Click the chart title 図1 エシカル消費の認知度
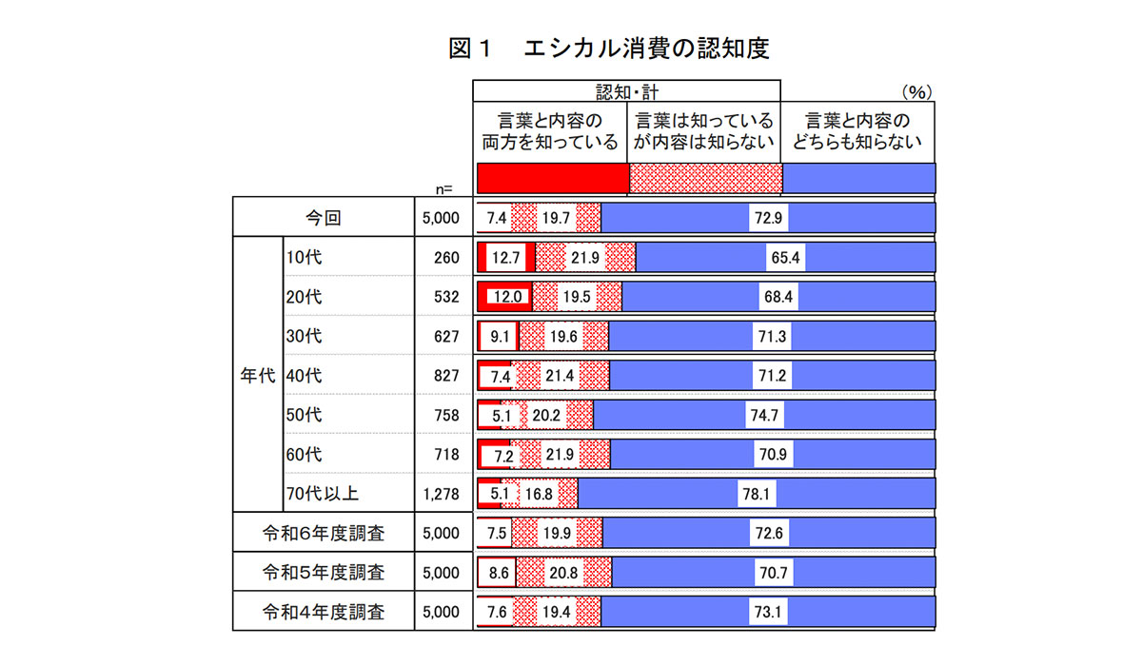tap(608, 49)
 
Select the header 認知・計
tap(627, 91)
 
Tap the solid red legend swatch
tap(552, 178)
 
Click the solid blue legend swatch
tap(858, 178)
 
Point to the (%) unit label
tap(915, 92)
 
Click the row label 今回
tap(323, 218)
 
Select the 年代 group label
tap(257, 375)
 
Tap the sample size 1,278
tap(440, 494)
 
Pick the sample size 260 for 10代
tap(446, 258)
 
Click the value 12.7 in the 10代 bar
tap(504, 258)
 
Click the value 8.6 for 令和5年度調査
tap(499, 573)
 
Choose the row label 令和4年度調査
tap(323, 612)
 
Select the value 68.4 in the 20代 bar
tap(778, 297)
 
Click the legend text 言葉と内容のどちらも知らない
tap(858, 134)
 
